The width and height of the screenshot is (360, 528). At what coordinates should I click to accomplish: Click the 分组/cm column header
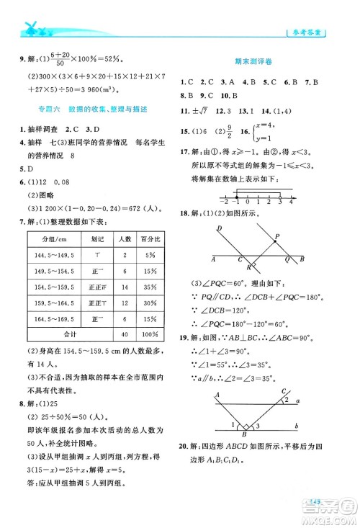(x=54, y=238)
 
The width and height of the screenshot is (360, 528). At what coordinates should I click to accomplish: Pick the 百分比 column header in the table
(x=149, y=238)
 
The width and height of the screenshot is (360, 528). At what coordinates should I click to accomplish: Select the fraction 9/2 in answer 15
(x=220, y=133)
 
